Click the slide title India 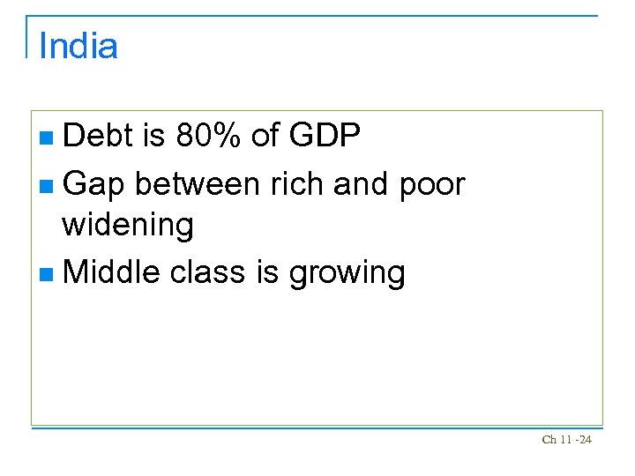(x=78, y=46)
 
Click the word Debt (x=99, y=136)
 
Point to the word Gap (x=93, y=184)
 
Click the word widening (x=127, y=225)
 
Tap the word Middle (x=111, y=272)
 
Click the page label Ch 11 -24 (x=566, y=439)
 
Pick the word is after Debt (x=154, y=136)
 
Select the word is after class (x=267, y=272)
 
